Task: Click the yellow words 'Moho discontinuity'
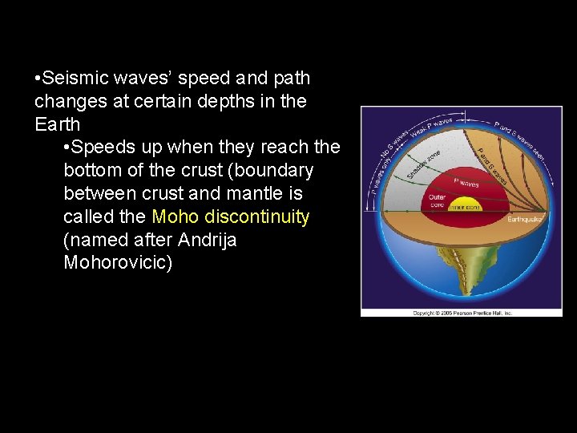(x=230, y=217)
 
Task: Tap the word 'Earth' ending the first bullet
(x=58, y=125)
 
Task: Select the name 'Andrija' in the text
(x=208, y=241)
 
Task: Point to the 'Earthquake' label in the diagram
(x=526, y=217)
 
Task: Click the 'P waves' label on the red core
(x=466, y=183)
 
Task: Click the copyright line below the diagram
(x=462, y=313)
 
